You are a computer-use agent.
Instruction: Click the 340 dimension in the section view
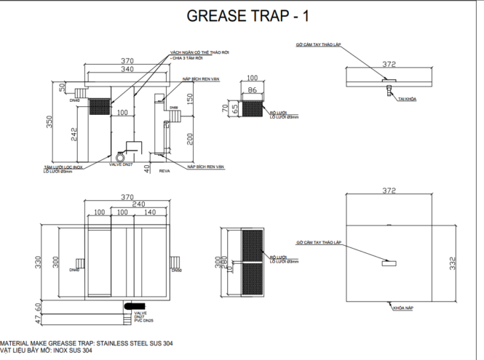(x=127, y=69)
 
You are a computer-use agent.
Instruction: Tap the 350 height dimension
(x=50, y=121)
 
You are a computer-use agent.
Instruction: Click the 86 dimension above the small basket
(x=253, y=89)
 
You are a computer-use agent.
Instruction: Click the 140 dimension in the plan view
(x=150, y=212)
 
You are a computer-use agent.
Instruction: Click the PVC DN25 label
(x=143, y=320)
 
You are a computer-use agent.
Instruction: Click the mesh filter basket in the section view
(x=98, y=107)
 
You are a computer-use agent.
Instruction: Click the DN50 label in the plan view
(x=176, y=270)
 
